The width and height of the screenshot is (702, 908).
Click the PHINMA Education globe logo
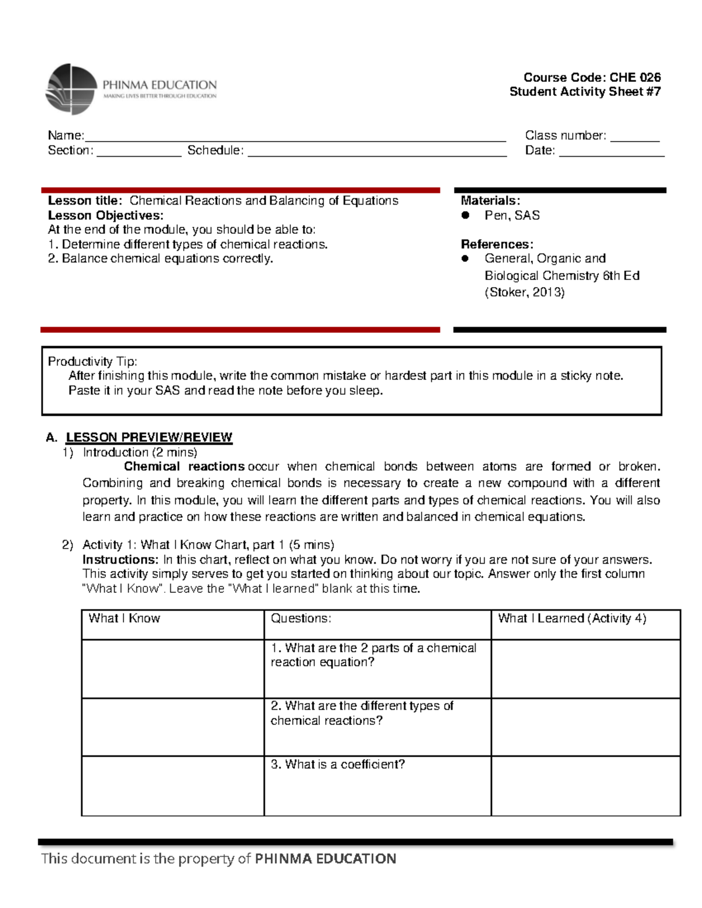tap(71, 89)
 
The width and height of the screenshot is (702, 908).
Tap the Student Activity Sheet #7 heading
tap(584, 92)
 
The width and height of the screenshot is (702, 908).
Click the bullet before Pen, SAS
tap(466, 215)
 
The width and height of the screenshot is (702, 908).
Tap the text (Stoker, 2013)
tap(524, 292)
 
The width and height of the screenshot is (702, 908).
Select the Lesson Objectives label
tap(105, 215)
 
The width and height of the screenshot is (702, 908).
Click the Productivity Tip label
tap(92, 361)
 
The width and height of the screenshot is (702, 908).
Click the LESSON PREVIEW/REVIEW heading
tap(149, 437)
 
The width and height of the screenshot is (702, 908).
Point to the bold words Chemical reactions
tap(184, 467)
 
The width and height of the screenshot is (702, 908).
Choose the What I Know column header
tap(124, 619)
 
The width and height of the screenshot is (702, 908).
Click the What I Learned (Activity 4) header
tap(572, 619)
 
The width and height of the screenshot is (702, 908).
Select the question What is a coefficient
tap(338, 765)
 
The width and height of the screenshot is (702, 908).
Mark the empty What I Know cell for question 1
tap(173, 668)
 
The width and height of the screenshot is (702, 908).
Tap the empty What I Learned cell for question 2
tap(585, 727)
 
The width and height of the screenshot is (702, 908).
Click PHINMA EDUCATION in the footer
tap(325, 858)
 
